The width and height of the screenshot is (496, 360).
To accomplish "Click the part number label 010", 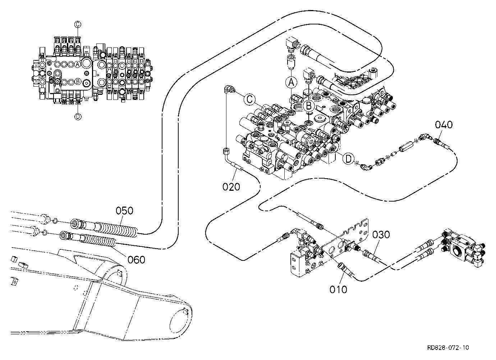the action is click(x=338, y=289).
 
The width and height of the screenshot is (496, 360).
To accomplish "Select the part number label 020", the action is click(x=231, y=187).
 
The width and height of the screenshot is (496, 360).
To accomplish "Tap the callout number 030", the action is click(x=381, y=235).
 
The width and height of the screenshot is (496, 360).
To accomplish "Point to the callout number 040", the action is click(x=444, y=125).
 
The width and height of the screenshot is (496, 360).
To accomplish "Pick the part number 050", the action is click(x=124, y=211).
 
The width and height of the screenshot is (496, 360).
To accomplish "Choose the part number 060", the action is click(x=137, y=260).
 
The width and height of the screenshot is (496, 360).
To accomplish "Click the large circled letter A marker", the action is click(x=291, y=82).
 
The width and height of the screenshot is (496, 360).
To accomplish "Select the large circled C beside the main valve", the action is click(x=249, y=100).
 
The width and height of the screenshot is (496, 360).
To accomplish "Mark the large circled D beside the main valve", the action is click(x=349, y=158).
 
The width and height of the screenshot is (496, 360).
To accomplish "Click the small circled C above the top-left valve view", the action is click(x=78, y=24).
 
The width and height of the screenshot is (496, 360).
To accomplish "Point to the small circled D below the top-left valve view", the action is click(x=78, y=116).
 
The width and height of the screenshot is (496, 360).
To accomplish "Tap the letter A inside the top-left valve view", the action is click(x=77, y=64).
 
